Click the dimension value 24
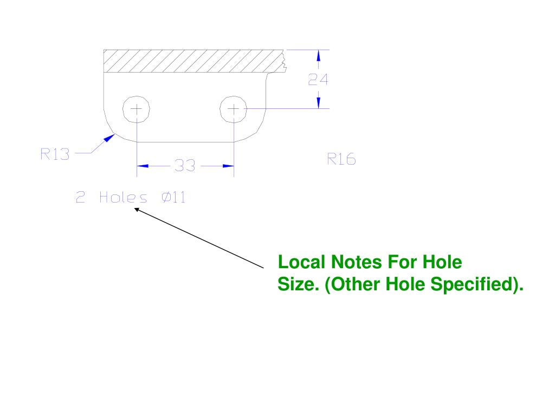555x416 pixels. pos(319,80)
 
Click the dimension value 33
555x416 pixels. pos(185,166)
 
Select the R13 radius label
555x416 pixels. pos(55,154)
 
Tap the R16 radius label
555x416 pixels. pos(341,159)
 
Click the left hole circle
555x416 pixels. pos(137,109)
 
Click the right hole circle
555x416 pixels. pos(234,109)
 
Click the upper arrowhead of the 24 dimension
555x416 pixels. pos(319,55)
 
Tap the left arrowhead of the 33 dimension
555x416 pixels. pos(142,166)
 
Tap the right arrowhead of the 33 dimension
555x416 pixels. pos(228,166)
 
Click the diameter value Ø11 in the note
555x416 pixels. pos(173,198)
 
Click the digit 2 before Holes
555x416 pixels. pos(80,198)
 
